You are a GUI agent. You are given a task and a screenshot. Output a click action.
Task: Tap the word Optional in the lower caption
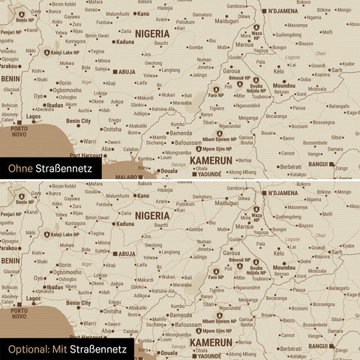coord(27,349)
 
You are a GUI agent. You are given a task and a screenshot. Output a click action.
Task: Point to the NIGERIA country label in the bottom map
coord(158,215)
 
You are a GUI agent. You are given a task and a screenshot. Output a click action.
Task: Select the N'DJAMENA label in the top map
coord(287,10)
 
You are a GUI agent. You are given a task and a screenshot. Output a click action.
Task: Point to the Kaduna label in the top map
coord(124,42)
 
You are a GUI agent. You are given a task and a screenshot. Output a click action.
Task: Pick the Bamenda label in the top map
coord(181,132)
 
